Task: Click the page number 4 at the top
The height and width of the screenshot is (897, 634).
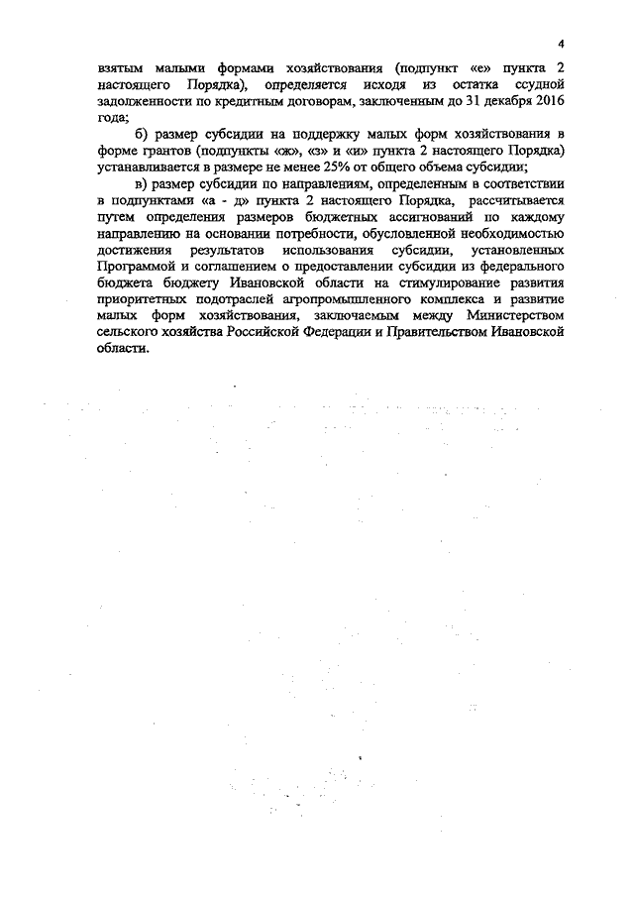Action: [x=561, y=45]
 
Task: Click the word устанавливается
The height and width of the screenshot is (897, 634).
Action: [x=152, y=166]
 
